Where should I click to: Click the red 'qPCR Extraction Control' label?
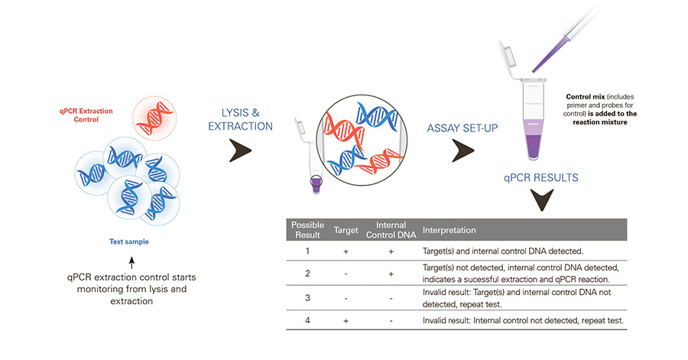86,116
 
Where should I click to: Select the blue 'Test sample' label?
128,242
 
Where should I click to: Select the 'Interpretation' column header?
449,230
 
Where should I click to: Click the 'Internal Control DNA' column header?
391,230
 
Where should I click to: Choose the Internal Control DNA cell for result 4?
391,320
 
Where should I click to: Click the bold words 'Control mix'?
583,97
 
